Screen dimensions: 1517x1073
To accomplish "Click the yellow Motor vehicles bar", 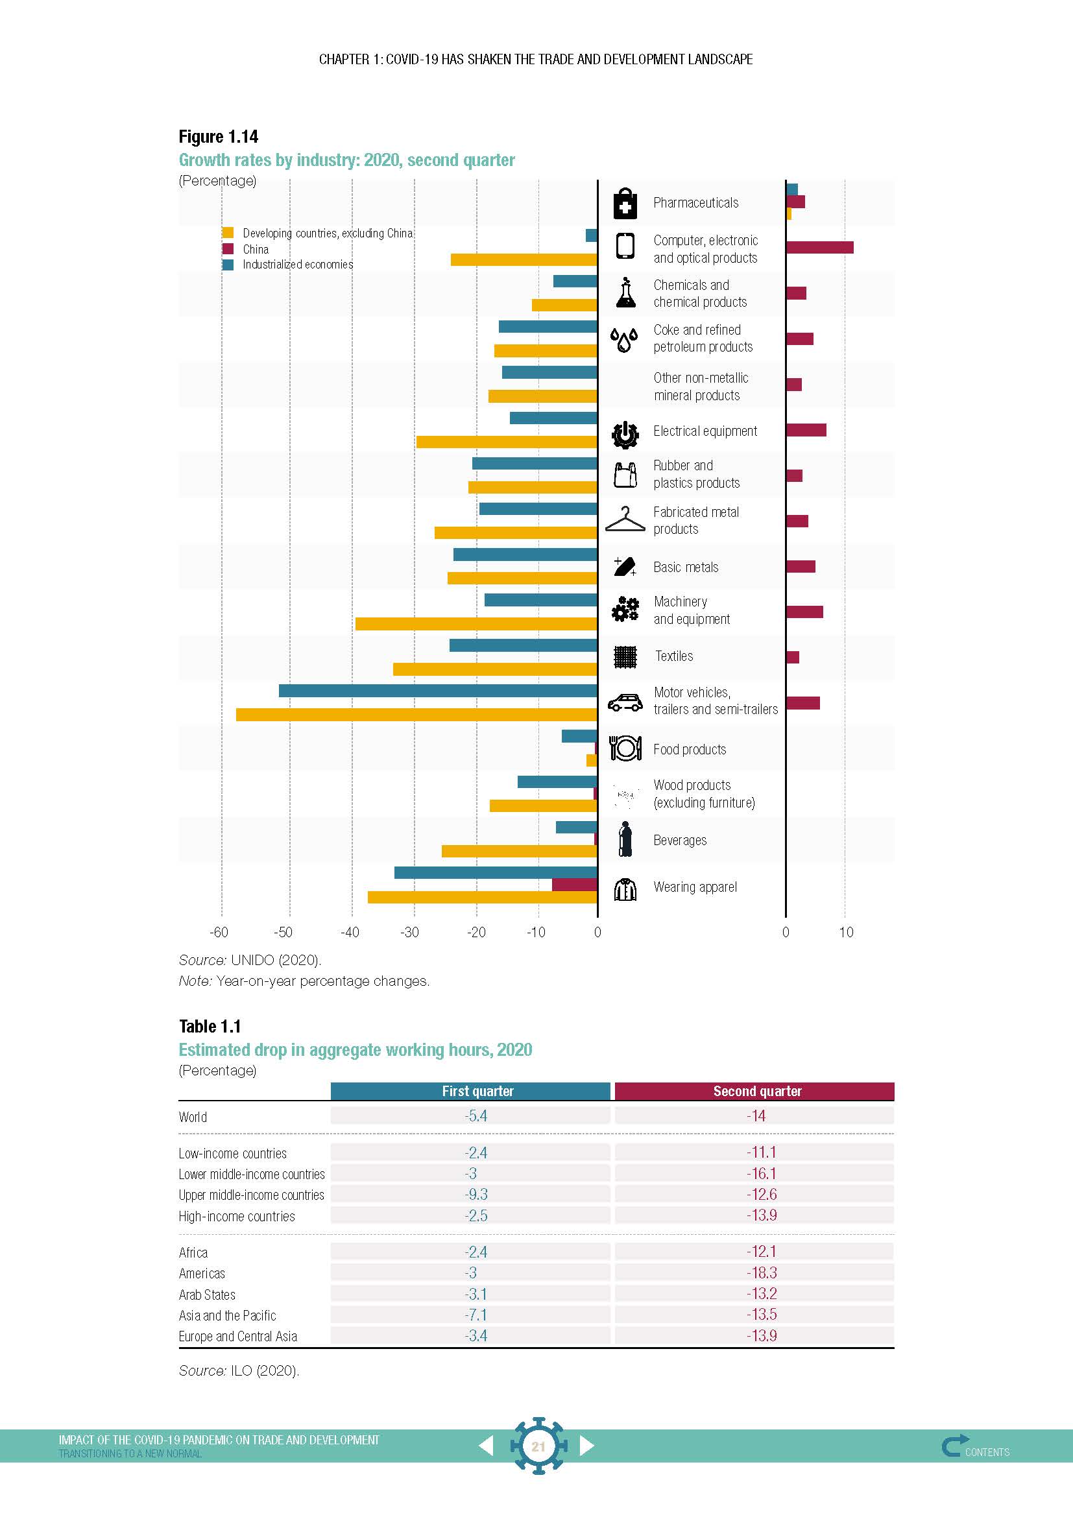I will coord(416,714).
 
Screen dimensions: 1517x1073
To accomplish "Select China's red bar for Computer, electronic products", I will coord(819,247).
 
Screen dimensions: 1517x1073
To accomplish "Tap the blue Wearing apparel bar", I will coord(496,872).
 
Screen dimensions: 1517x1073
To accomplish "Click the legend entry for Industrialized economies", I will coord(297,264).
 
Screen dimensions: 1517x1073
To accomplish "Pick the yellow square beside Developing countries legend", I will coord(228,233).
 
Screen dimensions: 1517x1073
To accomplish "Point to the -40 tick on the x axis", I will coord(349,932).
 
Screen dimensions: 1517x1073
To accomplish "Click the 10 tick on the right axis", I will coord(846,932).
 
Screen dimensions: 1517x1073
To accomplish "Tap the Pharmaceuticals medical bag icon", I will coord(625,203).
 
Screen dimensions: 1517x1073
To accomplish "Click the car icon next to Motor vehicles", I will coord(625,702).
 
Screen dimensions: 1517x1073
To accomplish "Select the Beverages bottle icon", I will coord(625,839).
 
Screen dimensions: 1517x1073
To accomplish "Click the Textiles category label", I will coord(674,656).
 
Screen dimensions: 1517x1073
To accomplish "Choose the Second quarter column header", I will coord(757,1092).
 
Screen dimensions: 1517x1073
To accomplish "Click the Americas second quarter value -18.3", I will coord(761,1272).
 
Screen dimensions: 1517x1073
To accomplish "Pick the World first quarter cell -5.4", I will coord(476,1116).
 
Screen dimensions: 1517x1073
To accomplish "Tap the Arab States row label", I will coord(207,1295).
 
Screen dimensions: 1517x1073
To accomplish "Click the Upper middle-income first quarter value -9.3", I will coord(476,1195).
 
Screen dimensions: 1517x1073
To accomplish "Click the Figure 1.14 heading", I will coord(218,137).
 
